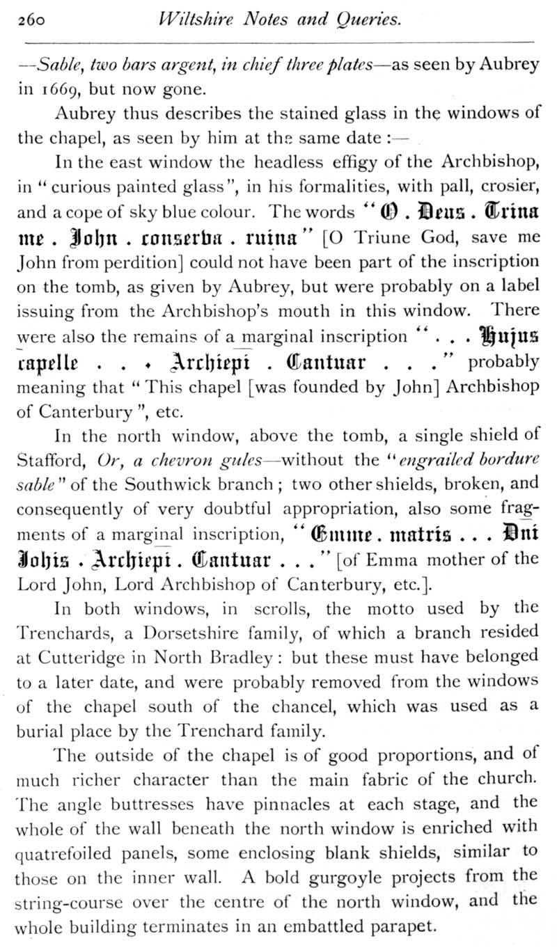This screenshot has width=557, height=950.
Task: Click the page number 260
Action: tap(32, 20)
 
